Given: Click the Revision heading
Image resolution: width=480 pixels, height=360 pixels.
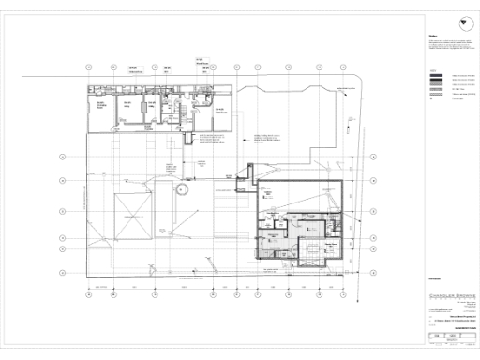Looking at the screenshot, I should [434, 278].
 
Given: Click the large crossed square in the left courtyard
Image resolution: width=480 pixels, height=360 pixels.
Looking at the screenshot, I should [131, 217].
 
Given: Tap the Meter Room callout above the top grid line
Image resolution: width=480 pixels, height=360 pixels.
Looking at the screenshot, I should [201, 61].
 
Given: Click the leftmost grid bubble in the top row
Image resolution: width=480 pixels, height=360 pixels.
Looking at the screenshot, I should [88, 67].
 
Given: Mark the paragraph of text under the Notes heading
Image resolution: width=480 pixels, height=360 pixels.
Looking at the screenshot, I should [450, 45].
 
